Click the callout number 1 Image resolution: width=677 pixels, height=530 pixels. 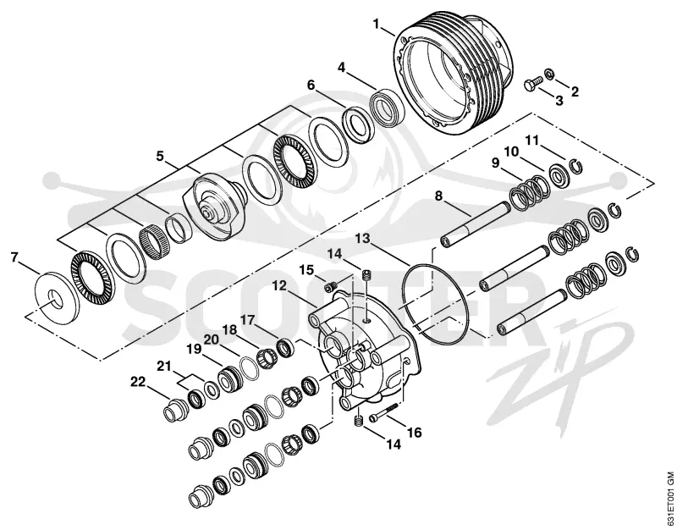click(x=377, y=24)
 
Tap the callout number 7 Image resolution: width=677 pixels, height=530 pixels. click(x=14, y=258)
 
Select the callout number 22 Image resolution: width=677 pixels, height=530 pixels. click(x=139, y=382)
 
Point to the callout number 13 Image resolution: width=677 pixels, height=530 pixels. click(x=363, y=238)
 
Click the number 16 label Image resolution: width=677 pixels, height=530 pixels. click(x=414, y=433)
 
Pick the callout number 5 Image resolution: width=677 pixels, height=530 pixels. click(x=160, y=156)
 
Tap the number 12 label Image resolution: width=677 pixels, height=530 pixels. click(x=280, y=285)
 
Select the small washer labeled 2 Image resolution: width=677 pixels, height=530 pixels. click(x=549, y=74)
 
